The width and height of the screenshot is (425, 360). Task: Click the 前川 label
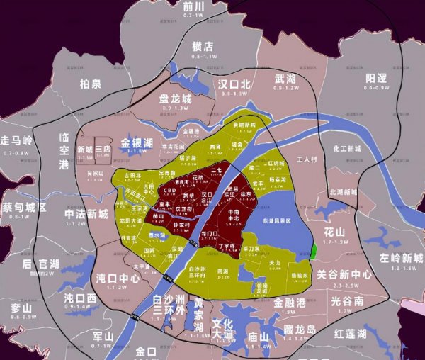[193, 6]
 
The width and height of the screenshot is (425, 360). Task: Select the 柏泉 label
[90, 84]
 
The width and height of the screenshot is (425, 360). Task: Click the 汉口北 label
[234, 84]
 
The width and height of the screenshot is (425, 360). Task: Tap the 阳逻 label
[377, 79]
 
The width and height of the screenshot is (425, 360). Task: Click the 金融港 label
[290, 302]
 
